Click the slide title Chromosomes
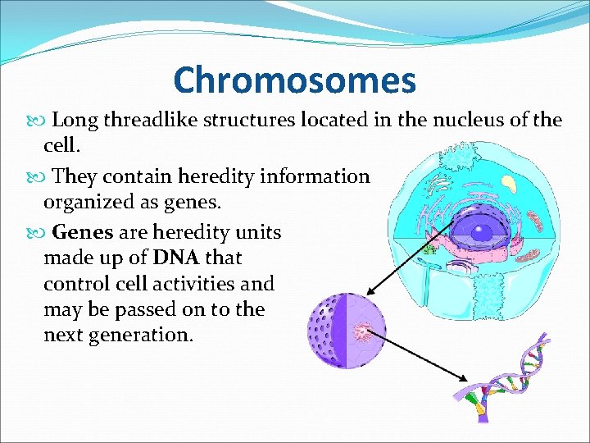294,80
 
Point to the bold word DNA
175,258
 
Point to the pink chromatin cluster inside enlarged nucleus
361,332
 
